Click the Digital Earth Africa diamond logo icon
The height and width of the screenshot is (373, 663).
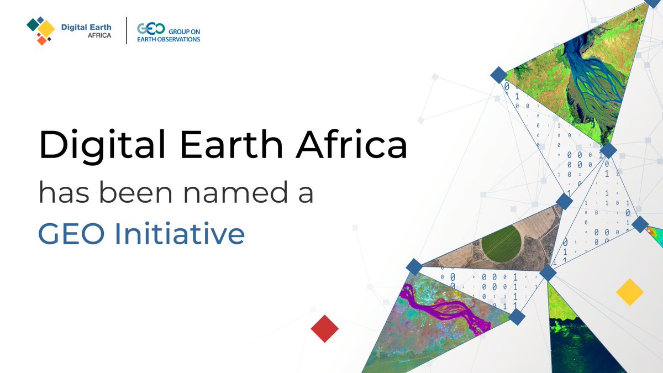40,30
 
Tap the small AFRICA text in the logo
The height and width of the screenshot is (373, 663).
99,35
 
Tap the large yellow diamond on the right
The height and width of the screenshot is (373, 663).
629,292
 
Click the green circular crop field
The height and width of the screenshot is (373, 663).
501,245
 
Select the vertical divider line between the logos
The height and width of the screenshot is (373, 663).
127,31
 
